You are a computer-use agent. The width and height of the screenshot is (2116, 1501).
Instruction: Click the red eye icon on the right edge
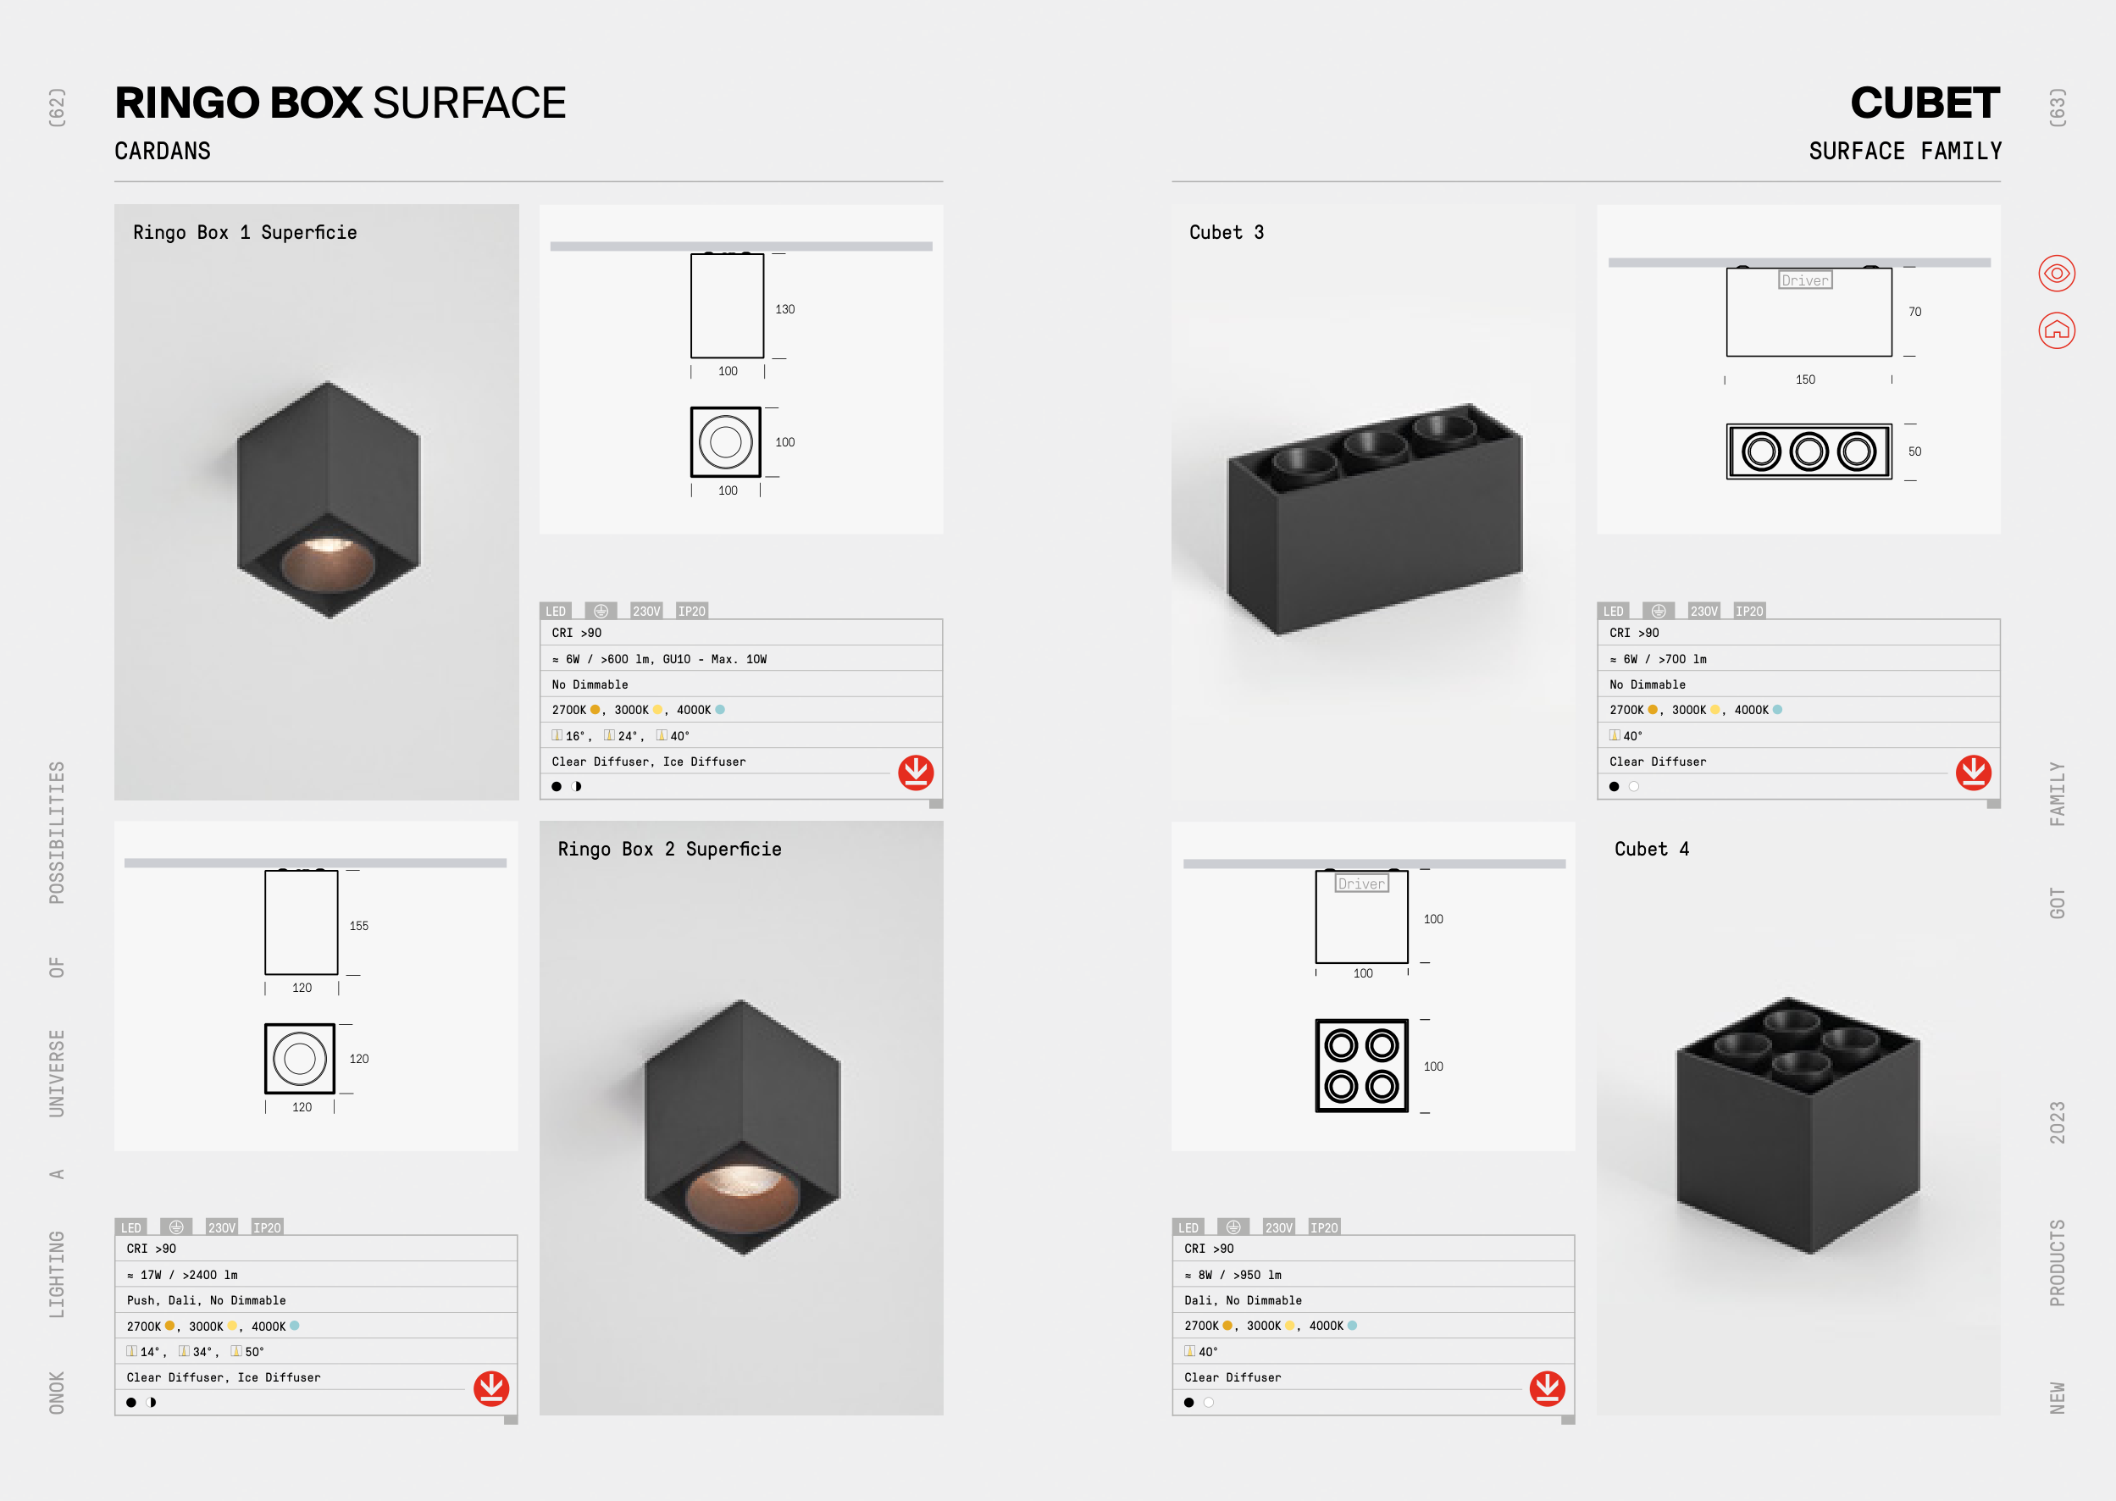[x=2056, y=274]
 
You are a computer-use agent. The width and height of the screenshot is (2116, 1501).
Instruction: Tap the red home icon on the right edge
[x=2056, y=330]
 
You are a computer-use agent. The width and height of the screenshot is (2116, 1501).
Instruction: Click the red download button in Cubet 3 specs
[x=1973, y=773]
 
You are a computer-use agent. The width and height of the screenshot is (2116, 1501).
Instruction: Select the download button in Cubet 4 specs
[x=1547, y=1388]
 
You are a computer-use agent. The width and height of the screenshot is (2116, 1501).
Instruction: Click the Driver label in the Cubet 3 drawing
[x=1804, y=280]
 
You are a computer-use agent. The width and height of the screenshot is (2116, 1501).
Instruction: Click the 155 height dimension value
[x=358, y=925]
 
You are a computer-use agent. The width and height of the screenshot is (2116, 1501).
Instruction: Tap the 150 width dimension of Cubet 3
[x=1804, y=379]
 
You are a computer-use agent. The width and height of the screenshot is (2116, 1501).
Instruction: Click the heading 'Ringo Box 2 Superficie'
[x=669, y=850]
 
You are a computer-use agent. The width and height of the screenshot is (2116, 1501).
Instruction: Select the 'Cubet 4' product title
[x=1651, y=850]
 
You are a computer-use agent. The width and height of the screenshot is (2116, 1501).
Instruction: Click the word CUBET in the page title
[x=1925, y=102]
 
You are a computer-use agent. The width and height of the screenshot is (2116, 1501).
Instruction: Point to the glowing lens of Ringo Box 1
[x=328, y=562]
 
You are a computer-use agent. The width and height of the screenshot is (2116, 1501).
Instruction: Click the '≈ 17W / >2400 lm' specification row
[x=182, y=1275]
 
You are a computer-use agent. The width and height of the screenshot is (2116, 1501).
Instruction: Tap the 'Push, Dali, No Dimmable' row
[x=206, y=1300]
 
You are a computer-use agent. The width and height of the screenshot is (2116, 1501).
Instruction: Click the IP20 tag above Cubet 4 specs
[x=1324, y=1227]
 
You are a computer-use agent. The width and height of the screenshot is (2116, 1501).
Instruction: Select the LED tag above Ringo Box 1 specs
[x=556, y=611]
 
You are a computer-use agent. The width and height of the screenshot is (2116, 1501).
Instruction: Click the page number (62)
[x=58, y=108]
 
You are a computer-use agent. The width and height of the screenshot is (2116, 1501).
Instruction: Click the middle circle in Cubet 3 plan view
[x=1809, y=452]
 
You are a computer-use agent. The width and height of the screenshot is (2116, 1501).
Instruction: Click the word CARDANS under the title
[x=163, y=151]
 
